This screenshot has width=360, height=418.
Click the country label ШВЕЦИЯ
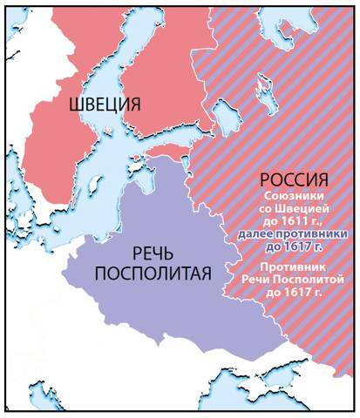pos(103,106)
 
